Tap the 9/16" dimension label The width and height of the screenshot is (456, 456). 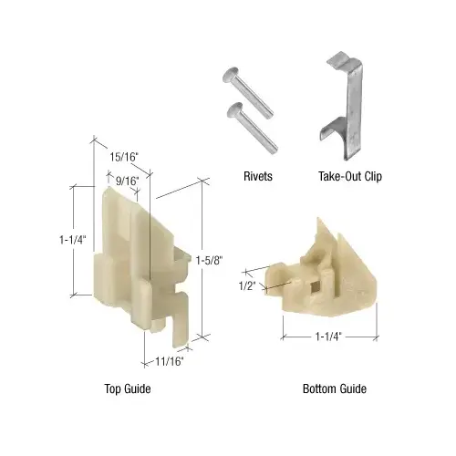click(x=126, y=180)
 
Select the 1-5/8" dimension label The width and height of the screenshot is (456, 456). click(x=210, y=259)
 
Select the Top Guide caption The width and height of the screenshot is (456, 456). click(x=127, y=389)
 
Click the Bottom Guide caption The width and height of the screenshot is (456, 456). click(x=335, y=389)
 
